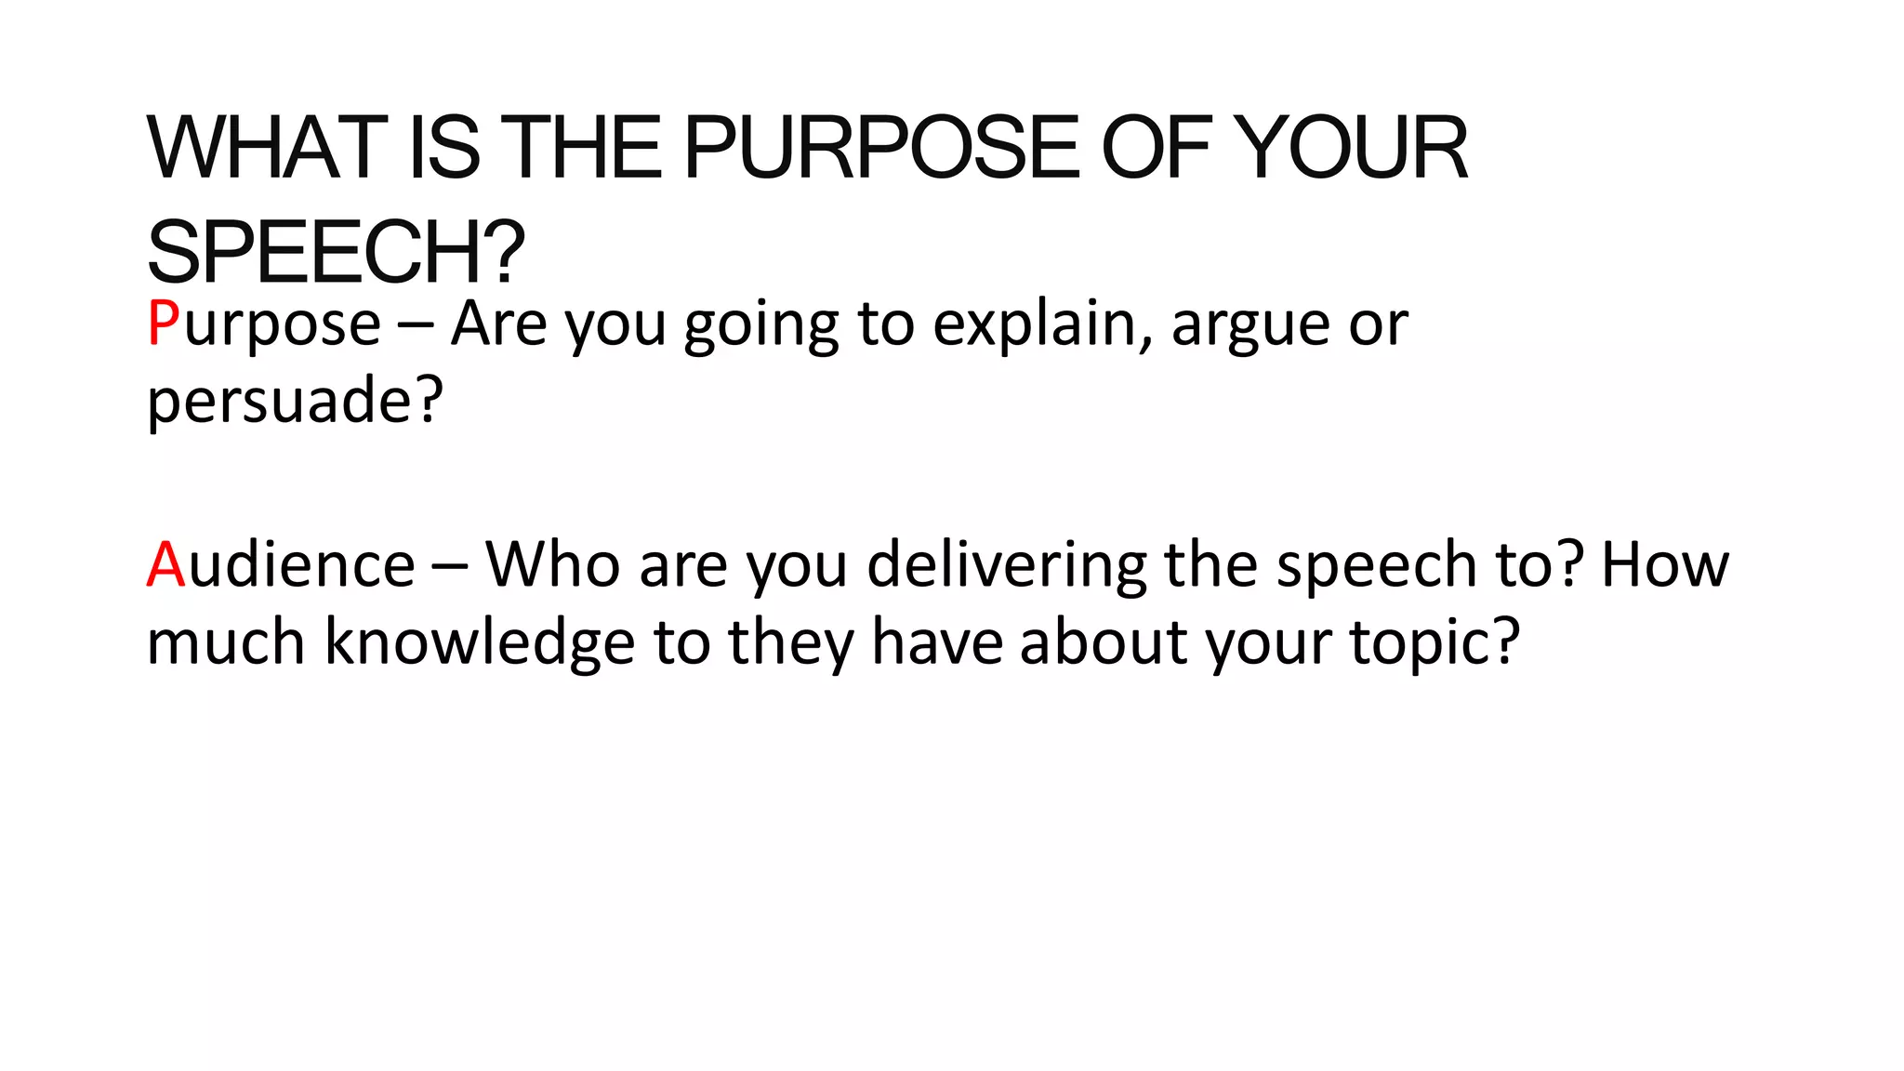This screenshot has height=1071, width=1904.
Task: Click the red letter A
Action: [166, 564]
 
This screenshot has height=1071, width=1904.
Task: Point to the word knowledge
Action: [480, 643]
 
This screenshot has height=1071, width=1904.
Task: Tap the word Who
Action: [552, 564]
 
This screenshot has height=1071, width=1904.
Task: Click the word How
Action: [1664, 564]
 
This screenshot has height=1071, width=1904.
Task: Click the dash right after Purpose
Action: [416, 325]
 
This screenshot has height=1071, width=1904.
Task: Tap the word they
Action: [791, 643]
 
